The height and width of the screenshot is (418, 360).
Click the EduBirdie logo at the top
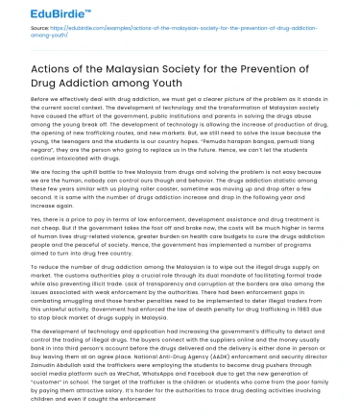38,12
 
